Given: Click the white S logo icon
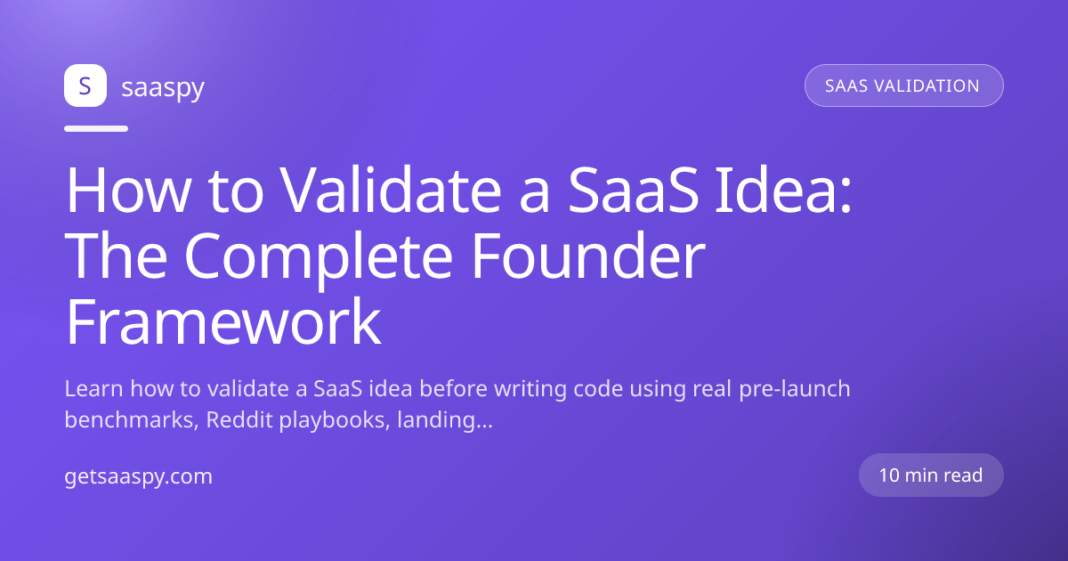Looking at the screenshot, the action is coord(85,85).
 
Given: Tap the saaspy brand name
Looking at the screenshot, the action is coord(163,88).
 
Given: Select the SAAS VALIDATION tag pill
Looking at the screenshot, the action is coord(904,85).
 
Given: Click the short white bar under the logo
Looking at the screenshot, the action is coord(96,128).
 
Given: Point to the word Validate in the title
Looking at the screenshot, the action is coord(391,190).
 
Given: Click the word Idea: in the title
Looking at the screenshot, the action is coord(783,190).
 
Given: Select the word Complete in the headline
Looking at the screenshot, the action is coord(319,256).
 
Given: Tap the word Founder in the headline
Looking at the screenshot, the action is coord(588,256).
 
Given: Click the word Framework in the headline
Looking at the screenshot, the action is coord(223,321).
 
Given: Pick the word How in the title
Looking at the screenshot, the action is coord(129,190).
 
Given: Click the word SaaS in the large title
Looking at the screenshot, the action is coord(634,190).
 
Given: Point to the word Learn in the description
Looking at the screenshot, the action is coord(93,388).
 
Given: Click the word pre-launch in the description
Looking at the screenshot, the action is coord(795,390).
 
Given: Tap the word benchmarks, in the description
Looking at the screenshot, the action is coord(132,419).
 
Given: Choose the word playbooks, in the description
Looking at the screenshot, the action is coord(335,420).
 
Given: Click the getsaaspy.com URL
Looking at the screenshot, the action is coord(138,476).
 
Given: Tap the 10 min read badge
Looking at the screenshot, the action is coord(931,476).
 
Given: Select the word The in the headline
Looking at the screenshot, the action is coord(116,256).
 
